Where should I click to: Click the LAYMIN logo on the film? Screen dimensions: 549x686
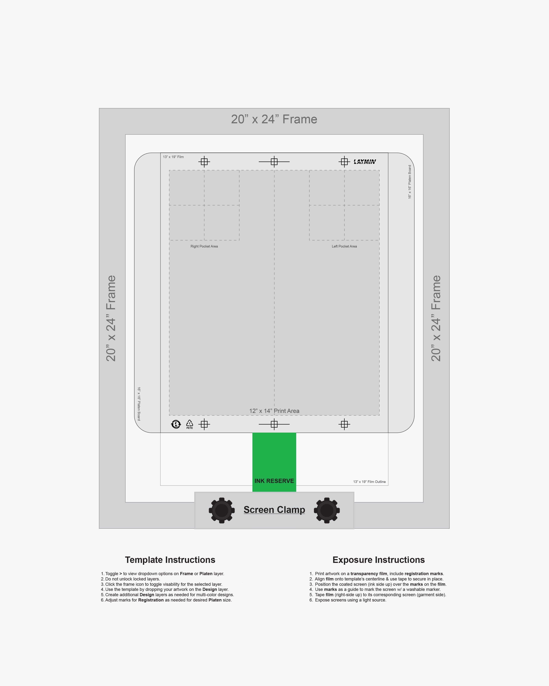[x=365, y=162]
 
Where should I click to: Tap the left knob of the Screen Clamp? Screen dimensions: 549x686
[x=222, y=510]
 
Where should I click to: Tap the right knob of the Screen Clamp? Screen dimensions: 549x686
[x=327, y=510]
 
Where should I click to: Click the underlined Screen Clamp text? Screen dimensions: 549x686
[x=274, y=510]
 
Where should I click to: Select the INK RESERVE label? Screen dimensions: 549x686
[x=274, y=481]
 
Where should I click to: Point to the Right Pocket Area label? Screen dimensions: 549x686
[x=204, y=246]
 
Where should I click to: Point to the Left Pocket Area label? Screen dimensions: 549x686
[x=344, y=246]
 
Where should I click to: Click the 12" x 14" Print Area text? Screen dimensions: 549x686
[x=274, y=411]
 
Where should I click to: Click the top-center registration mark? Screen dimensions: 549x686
[x=274, y=162]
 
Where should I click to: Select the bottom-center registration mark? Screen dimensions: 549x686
[x=274, y=424]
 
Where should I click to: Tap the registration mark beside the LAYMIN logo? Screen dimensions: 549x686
[x=344, y=162]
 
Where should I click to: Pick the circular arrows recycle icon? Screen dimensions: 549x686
[x=176, y=424]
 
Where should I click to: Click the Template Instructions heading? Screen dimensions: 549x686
[x=170, y=560]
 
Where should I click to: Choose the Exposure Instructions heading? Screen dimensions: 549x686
[x=379, y=560]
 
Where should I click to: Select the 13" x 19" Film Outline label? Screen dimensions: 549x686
[x=369, y=482]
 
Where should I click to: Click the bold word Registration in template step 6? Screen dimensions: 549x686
[x=151, y=600]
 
